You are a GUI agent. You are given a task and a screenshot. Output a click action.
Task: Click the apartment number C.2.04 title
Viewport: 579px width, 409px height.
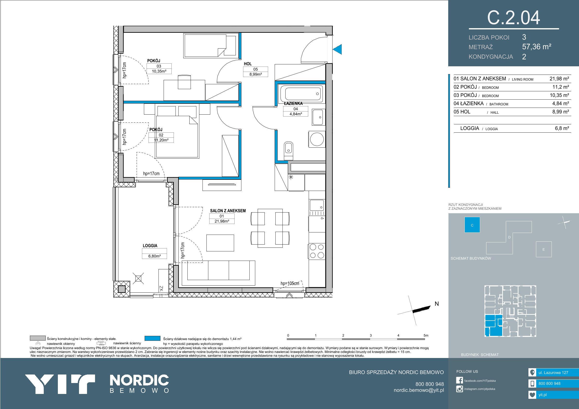(x=513, y=18)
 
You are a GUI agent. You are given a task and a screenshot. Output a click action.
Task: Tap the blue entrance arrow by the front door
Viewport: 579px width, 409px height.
(x=337, y=49)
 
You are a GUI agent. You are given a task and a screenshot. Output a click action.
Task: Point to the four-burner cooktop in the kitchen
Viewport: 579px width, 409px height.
(x=317, y=251)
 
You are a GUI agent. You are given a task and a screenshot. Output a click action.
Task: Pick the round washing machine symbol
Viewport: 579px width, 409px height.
(x=317, y=139)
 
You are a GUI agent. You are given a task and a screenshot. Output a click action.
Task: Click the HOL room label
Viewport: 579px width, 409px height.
(x=248, y=64)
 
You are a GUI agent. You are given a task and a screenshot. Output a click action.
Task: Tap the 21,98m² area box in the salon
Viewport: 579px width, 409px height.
(x=222, y=221)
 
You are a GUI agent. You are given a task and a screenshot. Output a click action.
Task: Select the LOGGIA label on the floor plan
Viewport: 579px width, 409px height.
(x=150, y=246)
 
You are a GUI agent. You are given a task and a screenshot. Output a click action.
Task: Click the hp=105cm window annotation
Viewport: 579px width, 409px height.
(x=290, y=283)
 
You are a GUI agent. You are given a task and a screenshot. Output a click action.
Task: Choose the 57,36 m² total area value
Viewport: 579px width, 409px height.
(x=537, y=47)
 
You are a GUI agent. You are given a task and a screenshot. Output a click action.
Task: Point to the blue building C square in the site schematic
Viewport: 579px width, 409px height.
(x=472, y=225)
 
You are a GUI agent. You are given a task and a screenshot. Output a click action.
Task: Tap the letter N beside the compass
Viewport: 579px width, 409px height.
(x=437, y=304)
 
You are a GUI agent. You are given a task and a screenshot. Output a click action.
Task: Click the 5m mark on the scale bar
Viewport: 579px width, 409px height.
(x=426, y=335)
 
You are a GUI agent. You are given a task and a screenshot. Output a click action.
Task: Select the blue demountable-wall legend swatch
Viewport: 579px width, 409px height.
(x=152, y=338)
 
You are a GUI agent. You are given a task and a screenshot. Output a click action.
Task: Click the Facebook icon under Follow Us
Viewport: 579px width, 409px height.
(x=459, y=380)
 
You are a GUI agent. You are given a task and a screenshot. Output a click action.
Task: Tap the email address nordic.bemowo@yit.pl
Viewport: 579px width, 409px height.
(x=419, y=390)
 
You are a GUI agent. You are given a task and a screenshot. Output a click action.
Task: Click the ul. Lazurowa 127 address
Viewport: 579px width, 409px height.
(x=553, y=373)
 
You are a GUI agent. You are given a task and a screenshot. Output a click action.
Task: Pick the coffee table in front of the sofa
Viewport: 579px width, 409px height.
(x=220, y=243)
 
